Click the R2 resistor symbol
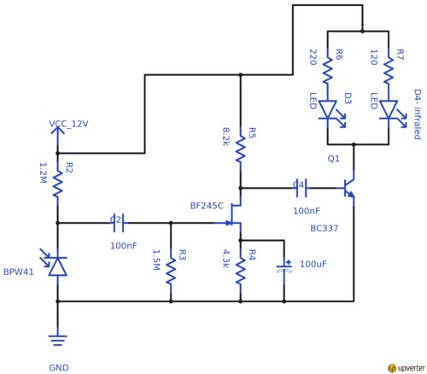(58, 182)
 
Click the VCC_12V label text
(68, 124)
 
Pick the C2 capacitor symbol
(119, 223)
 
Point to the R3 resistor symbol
(171, 269)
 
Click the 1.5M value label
(155, 260)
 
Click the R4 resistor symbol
(241, 269)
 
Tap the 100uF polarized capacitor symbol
(284, 267)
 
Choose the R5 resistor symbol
(241, 149)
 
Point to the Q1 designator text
(333, 159)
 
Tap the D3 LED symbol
(329, 110)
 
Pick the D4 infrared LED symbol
(389, 110)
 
